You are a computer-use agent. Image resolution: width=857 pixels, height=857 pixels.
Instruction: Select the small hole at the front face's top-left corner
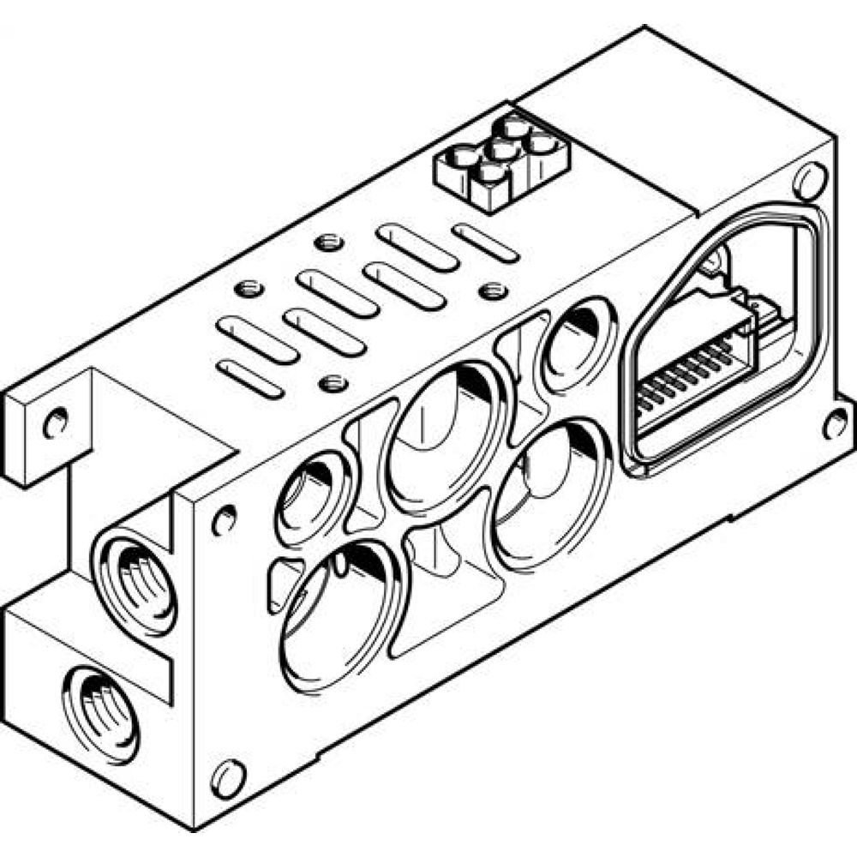pyautogui.click(x=224, y=519)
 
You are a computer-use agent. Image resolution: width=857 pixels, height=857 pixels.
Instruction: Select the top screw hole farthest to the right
pyautogui.click(x=492, y=291)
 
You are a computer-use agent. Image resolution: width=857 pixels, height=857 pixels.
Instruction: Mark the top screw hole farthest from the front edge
pyautogui.click(x=325, y=243)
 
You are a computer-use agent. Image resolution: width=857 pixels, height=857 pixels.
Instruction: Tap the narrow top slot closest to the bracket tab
pyautogui.click(x=249, y=378)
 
